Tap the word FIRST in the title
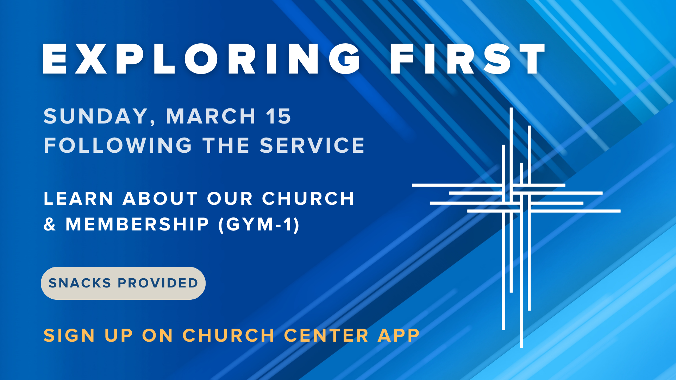[x=468, y=59]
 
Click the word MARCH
[x=211, y=116]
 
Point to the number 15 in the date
[x=278, y=116]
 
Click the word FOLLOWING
[x=118, y=145]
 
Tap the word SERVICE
[x=312, y=145]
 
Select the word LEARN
[x=78, y=198]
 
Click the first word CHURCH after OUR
[x=308, y=198]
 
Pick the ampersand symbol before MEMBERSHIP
[x=50, y=224]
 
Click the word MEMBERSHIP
[x=137, y=224]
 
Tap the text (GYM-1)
[x=259, y=224]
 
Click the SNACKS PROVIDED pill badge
[x=123, y=283]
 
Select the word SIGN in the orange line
[x=69, y=335]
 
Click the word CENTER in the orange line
[x=326, y=335]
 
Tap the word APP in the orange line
[x=399, y=335]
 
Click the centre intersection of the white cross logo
[x=516, y=198]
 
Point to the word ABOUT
[x=160, y=198]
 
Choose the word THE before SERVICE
[x=226, y=145]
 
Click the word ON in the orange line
[x=157, y=335]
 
